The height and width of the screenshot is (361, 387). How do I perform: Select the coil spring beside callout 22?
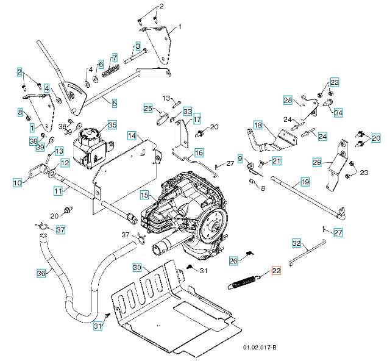click(x=245, y=282)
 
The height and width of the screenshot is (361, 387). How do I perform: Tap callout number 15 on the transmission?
click(x=144, y=195)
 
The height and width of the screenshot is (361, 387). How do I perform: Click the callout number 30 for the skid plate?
click(x=137, y=268)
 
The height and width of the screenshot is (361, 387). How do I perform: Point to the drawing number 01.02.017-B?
click(x=260, y=348)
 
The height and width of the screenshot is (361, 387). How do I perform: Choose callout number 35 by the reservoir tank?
click(x=112, y=124)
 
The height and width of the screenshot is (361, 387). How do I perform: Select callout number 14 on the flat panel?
click(x=132, y=135)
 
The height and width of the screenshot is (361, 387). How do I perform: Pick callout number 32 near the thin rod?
click(x=297, y=243)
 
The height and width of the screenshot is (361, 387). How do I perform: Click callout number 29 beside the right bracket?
click(x=316, y=162)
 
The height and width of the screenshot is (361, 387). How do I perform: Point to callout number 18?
click(x=257, y=125)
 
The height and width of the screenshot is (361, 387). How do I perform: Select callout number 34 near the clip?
click(x=338, y=112)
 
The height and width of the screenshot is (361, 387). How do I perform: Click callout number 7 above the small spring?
click(x=114, y=58)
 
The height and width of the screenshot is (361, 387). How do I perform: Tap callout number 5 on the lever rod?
click(x=115, y=104)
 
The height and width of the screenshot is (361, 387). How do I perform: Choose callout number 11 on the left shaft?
click(x=58, y=191)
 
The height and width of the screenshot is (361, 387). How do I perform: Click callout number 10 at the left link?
click(x=17, y=182)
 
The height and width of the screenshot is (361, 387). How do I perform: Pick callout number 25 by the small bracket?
click(x=148, y=109)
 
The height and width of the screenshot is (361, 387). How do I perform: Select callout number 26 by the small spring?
click(x=233, y=260)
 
